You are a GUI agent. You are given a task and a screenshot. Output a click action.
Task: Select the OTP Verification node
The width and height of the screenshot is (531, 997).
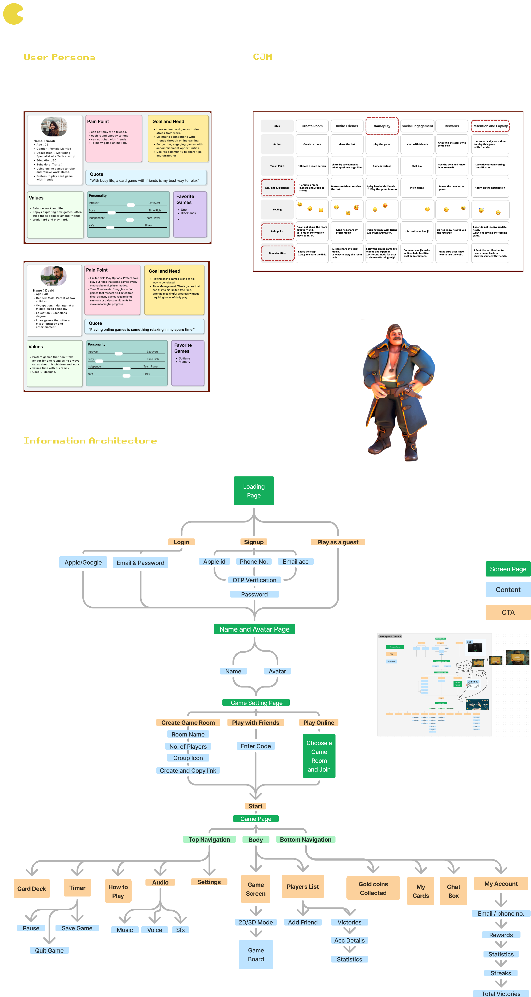point(254,580)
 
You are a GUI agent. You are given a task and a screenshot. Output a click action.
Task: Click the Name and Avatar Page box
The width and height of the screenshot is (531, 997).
point(254,629)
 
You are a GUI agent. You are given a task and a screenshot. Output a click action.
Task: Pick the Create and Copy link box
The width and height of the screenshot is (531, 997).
point(188,770)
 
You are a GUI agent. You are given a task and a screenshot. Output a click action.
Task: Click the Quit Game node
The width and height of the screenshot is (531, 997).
point(49,950)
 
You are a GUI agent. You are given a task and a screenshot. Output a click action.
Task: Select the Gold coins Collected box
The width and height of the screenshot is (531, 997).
point(373,888)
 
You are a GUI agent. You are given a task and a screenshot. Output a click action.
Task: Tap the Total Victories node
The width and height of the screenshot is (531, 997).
point(501,993)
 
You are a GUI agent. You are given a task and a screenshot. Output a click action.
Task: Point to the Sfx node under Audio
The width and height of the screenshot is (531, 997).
point(180,930)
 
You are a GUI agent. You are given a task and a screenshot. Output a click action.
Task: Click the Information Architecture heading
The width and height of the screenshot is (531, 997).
point(90,440)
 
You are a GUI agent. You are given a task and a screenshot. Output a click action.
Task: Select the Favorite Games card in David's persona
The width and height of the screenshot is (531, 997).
point(188,363)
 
